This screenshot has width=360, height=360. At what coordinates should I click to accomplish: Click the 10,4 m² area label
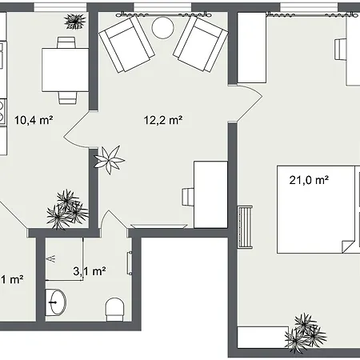tap(34, 120)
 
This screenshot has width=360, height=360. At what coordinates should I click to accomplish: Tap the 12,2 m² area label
tap(163, 120)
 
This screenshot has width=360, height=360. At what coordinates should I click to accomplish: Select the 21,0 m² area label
tap(309, 180)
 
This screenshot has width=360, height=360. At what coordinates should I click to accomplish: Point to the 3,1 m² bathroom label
tap(90, 271)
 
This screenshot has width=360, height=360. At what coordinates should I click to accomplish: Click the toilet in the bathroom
tap(115, 310)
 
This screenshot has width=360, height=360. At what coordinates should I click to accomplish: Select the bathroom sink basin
tap(56, 302)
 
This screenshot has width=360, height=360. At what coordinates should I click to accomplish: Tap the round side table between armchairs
tap(162, 27)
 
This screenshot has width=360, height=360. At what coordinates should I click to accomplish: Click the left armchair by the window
tap(126, 43)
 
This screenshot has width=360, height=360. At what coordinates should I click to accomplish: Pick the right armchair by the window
tap(201, 43)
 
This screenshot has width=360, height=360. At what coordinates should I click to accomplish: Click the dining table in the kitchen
tap(66, 70)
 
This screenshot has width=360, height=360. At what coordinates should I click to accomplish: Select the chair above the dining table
tap(66, 42)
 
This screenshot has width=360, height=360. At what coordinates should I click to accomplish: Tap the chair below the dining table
tap(68, 98)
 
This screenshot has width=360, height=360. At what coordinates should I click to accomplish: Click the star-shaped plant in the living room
tap(109, 160)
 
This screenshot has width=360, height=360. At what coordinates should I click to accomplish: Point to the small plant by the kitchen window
tap(75, 22)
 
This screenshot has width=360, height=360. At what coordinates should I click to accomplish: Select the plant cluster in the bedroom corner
tap(305, 334)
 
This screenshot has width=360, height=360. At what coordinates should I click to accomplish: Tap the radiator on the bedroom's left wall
tap(245, 227)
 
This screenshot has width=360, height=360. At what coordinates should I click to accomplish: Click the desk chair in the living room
tap(188, 197)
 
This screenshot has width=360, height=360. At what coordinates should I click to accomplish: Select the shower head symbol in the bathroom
tap(51, 258)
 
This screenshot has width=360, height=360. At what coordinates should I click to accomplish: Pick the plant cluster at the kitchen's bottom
tap(67, 210)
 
